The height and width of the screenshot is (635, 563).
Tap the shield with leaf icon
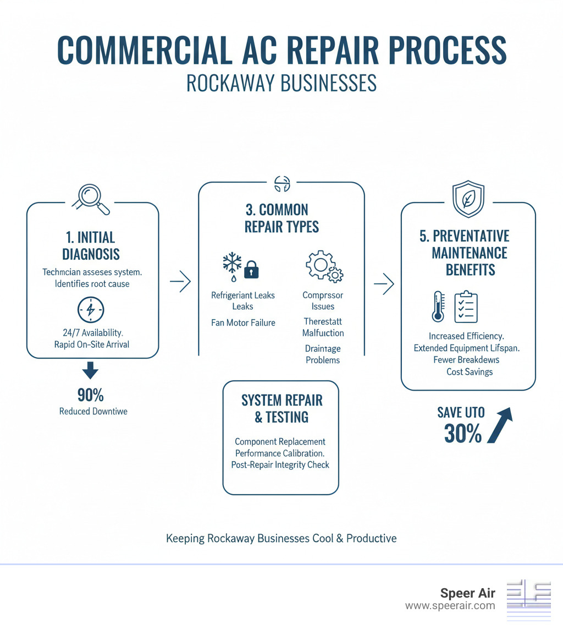tap(468, 200)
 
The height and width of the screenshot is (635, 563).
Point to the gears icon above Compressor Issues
tap(324, 267)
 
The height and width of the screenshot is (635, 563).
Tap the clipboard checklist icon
tap(466, 306)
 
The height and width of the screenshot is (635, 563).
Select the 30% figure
tap(462, 435)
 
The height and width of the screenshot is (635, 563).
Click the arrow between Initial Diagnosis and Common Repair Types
tap(180, 282)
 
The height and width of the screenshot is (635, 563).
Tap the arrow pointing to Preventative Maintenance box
tap(384, 284)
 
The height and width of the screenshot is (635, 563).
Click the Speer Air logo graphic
tap(528, 600)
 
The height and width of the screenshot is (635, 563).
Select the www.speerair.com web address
tap(450, 606)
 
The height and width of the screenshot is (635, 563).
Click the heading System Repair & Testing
tap(281, 408)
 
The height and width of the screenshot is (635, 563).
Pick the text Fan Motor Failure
tap(243, 322)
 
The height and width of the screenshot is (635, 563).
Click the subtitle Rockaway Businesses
tap(281, 83)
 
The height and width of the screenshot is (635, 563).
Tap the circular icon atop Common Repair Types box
tap(281, 184)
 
